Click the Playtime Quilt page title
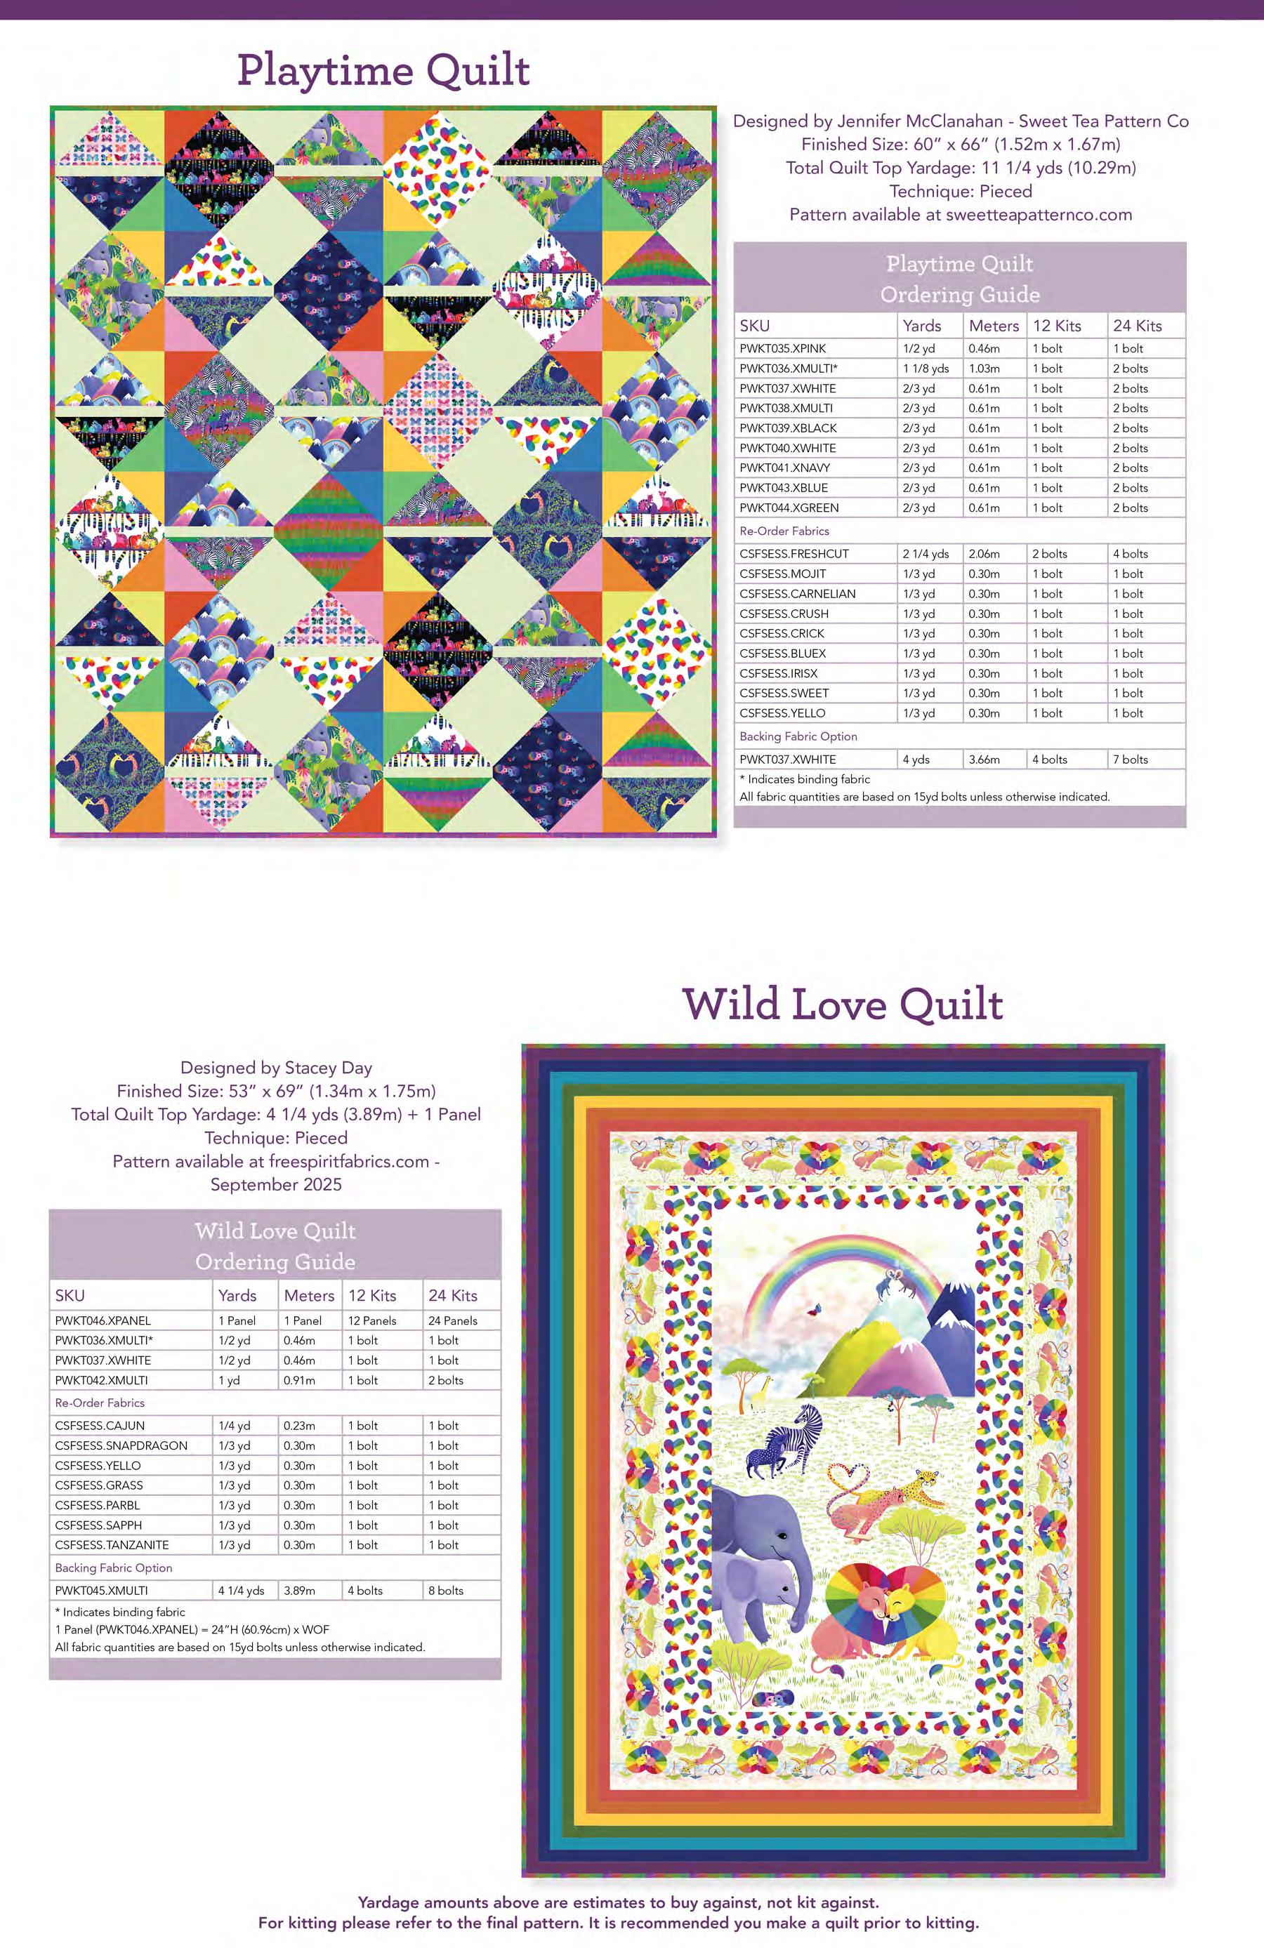pyautogui.click(x=383, y=71)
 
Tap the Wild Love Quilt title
pyautogui.click(x=843, y=1005)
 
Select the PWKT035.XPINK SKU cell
pyautogui.click(x=783, y=349)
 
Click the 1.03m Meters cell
pyautogui.click(x=984, y=369)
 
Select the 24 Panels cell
pyautogui.click(x=453, y=1320)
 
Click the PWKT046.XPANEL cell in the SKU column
pyautogui.click(x=103, y=1320)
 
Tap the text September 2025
pyautogui.click(x=276, y=1184)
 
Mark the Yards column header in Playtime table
pyautogui.click(x=922, y=326)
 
